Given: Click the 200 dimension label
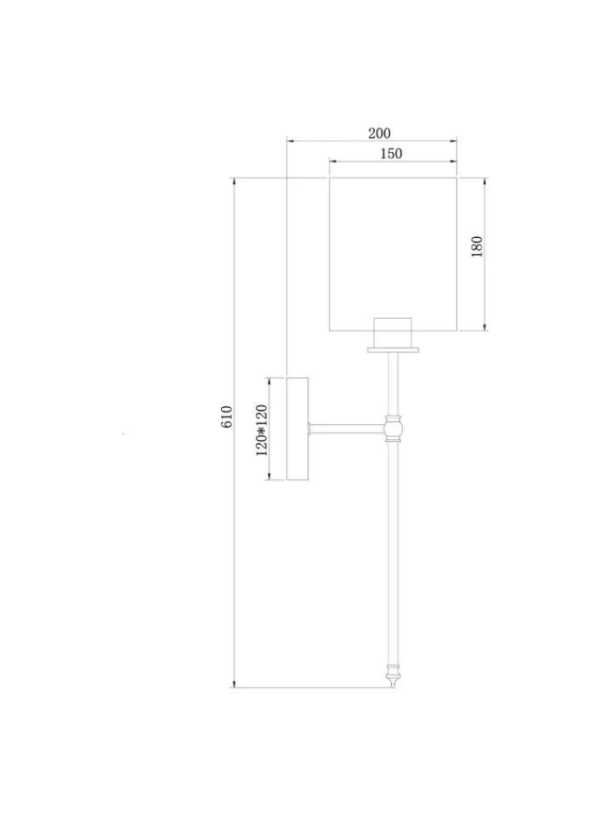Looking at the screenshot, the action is tap(379, 133).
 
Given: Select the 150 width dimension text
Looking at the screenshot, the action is tap(391, 154).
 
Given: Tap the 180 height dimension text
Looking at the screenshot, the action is tap(477, 246).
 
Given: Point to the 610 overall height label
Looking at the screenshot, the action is tap(226, 416).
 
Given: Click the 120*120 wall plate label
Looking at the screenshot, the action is tap(261, 430).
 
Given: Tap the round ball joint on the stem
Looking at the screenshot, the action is tap(394, 428).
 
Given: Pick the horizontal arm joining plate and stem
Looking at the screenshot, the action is tap(347, 428).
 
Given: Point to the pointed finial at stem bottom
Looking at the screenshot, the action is tap(394, 676).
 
